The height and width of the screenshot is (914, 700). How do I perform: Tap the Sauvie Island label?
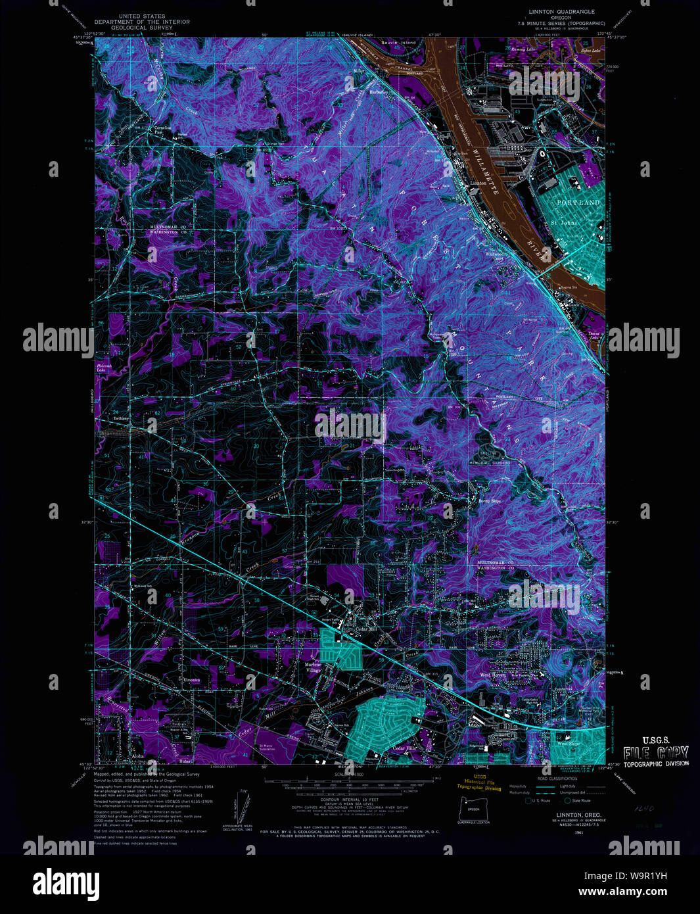(399, 43)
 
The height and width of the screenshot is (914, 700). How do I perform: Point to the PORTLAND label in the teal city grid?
(578, 203)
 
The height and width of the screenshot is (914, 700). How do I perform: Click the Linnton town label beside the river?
(478, 183)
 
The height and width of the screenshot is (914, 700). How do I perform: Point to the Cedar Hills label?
(405, 749)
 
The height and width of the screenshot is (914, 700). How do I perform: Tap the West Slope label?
(569, 744)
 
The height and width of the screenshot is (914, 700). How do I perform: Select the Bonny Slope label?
(489, 501)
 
